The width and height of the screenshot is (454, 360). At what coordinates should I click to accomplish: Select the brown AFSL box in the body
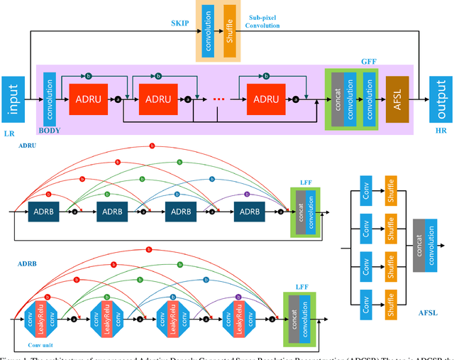click(397, 98)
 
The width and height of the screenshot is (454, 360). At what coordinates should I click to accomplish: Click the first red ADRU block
click(89, 99)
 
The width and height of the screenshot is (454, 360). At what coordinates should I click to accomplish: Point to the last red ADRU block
click(266, 99)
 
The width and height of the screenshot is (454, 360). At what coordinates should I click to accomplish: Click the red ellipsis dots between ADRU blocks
click(218, 100)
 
